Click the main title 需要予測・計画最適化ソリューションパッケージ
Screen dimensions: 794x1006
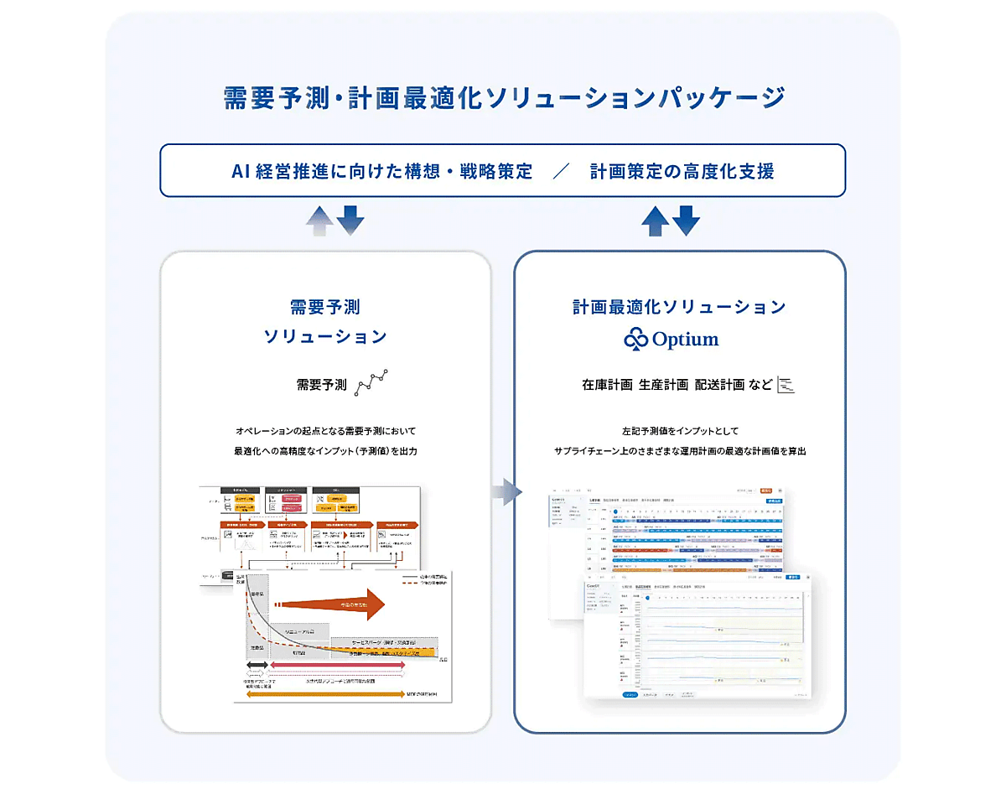[x=503, y=97]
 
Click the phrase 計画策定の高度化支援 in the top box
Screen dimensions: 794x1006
[x=682, y=172]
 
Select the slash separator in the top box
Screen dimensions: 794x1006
[x=561, y=172]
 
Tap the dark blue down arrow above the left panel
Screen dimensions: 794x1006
[x=350, y=220]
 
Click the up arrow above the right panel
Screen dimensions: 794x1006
[x=655, y=221]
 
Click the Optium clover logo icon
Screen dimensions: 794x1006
[x=636, y=339]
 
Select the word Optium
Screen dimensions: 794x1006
[x=685, y=340]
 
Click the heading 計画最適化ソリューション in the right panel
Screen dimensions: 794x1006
[x=679, y=308]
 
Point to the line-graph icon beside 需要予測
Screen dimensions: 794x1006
[x=372, y=382]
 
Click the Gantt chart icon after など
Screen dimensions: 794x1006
[x=786, y=384]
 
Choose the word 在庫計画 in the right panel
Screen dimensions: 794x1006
[x=607, y=385]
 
